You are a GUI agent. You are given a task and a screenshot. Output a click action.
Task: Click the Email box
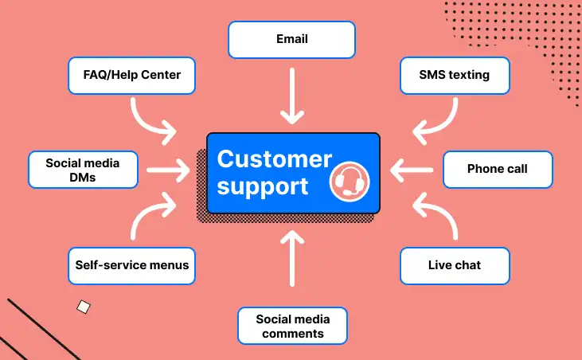pos(291,39)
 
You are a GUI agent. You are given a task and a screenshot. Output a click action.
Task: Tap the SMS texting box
pos(454,76)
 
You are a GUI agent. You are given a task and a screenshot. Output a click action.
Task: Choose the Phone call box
pos(498,169)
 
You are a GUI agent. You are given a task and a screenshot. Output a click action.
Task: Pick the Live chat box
pos(455,265)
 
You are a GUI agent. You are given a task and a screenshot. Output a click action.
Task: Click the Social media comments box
pos(293,326)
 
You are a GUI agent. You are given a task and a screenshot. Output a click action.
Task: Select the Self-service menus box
pos(132,265)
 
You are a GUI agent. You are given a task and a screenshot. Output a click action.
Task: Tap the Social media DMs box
pos(82,169)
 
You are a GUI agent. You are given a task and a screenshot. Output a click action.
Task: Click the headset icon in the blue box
pos(349,180)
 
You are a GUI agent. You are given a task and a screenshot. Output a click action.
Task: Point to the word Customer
pos(274,158)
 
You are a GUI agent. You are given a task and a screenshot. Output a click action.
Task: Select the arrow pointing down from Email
pos(292,96)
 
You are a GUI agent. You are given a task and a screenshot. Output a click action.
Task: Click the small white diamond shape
pos(83,306)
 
